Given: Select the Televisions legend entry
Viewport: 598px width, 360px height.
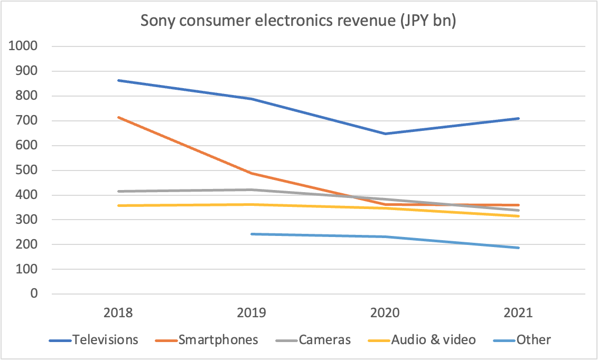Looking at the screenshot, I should pos(105,339).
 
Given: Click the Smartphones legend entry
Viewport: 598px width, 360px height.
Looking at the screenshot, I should pos(218,339).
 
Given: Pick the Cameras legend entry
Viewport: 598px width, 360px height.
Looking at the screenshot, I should pos(324,339).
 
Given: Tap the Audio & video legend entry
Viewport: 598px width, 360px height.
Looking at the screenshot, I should pos(433,339).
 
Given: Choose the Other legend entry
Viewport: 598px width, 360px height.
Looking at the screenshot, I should pos(534,339).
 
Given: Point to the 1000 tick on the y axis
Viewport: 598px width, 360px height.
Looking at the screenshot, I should pos(24,46).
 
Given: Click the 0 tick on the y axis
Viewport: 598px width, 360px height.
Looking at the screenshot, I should pos(33,294).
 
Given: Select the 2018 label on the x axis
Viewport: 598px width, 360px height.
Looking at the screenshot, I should pos(119,312).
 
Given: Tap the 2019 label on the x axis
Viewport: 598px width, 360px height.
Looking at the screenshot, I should pos(252,312).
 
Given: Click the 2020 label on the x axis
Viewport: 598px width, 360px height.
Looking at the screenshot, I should pos(385,312).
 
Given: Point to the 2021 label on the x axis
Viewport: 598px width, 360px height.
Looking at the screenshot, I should pos(518,312).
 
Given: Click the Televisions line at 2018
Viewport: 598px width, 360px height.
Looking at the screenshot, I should pos(119,80).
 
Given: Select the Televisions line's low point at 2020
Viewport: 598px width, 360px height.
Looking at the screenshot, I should pos(385,134).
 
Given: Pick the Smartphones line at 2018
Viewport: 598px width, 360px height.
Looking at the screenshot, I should pos(119,117).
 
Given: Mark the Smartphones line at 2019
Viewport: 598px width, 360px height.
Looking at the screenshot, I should pos(252,173).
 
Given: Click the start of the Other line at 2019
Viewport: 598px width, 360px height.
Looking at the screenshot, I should pos(252,234).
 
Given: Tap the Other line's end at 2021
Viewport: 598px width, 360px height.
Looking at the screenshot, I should pos(518,248).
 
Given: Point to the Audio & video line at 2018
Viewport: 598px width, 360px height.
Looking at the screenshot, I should pos(119,205).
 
